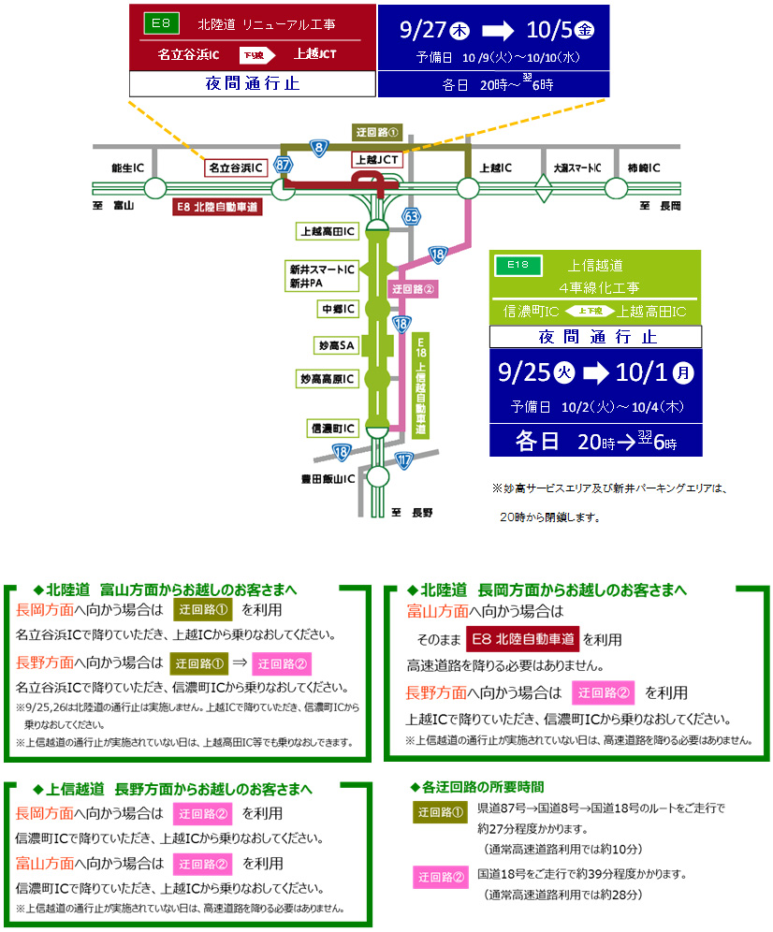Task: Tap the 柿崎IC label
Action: click(644, 167)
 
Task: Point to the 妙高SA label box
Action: click(335, 345)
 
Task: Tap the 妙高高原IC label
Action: click(328, 379)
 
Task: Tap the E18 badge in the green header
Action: click(518, 266)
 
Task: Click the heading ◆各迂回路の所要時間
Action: click(476, 787)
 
